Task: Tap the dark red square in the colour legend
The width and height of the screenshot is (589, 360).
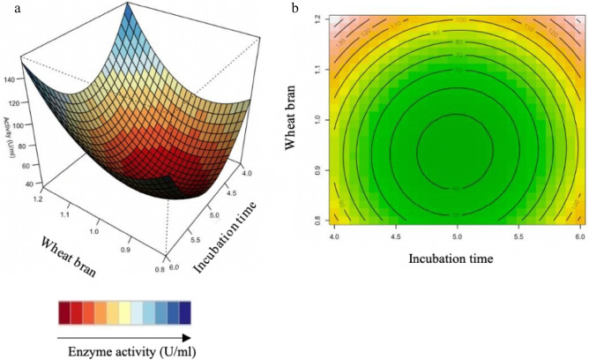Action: [x=63, y=312]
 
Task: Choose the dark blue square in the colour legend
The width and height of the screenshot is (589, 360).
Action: [x=183, y=312]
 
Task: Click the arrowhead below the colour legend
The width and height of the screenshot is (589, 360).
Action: [x=186, y=336]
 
